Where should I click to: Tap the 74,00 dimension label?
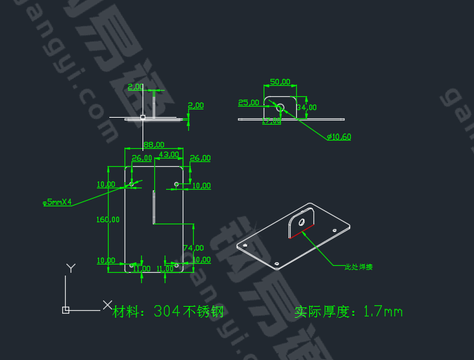point(193,248)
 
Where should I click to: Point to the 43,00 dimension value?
point(169,154)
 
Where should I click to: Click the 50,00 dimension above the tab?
point(280,82)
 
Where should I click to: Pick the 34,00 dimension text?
point(307,107)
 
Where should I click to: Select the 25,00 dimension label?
point(248,102)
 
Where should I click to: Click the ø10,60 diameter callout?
point(339,136)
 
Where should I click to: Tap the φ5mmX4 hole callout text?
point(58,203)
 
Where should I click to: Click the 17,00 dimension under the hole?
point(272,122)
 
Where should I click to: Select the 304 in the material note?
point(167,312)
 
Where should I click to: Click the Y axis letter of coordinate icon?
point(70,267)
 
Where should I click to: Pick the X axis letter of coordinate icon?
point(107,304)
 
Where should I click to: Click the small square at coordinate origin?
point(66,309)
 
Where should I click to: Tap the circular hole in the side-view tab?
point(280,107)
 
